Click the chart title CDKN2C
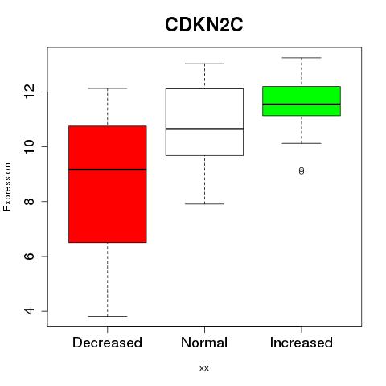pyautogui.click(x=204, y=25)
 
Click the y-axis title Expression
pyautogui.click(x=7, y=187)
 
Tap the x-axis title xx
pyautogui.click(x=204, y=368)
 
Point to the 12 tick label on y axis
pyautogui.click(x=29, y=92)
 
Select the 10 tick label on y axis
pyautogui.click(x=29, y=146)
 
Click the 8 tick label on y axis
pyautogui.click(x=29, y=201)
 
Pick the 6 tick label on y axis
pyautogui.click(x=29, y=257)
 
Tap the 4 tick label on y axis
pyautogui.click(x=29, y=311)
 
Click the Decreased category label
pyautogui.click(x=107, y=343)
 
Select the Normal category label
pyautogui.click(x=204, y=343)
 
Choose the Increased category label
pyautogui.click(x=302, y=343)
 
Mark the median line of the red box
pyautogui.click(x=108, y=170)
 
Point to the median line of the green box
pyautogui.click(x=302, y=105)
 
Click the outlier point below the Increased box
pyautogui.click(x=302, y=170)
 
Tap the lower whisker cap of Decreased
pyautogui.click(x=108, y=316)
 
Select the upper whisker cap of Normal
pyautogui.click(x=204, y=64)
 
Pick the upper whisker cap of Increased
pyautogui.click(x=302, y=58)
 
